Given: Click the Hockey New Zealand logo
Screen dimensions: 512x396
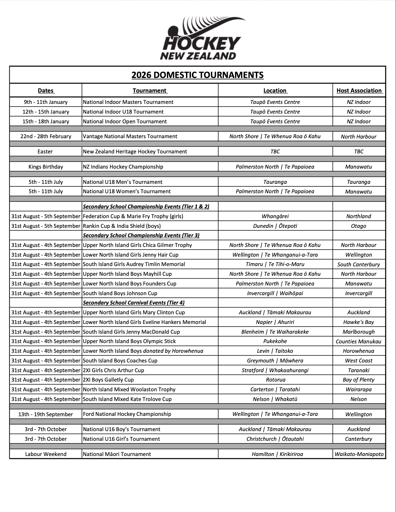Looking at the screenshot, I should [201, 38].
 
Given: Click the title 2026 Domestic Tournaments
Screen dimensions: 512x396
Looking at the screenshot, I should [197, 75].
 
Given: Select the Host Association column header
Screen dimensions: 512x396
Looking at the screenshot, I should [359, 91].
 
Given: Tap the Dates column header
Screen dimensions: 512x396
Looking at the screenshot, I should [46, 91].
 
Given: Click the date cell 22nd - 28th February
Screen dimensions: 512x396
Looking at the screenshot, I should [46, 136].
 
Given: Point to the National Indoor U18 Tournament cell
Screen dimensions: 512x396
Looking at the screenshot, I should [123, 112].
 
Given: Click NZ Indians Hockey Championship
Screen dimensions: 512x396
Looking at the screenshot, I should [123, 167].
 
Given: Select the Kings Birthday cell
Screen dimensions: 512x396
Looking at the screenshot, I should [46, 167].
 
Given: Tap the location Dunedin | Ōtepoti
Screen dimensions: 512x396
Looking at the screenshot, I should [275, 226].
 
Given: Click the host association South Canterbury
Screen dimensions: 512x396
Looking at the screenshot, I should [358, 264].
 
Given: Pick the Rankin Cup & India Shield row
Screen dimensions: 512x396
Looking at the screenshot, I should [122, 226].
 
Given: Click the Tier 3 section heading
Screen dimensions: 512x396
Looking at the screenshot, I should [141, 235].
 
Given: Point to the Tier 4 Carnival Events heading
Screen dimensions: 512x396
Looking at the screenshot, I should [134, 303].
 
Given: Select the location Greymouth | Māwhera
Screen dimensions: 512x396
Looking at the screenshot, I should [275, 361].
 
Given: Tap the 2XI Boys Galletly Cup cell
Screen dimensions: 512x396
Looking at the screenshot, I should [108, 380].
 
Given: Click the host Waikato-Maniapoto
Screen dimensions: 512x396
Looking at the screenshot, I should [359, 454].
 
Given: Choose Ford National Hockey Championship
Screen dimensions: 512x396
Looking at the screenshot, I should [127, 414].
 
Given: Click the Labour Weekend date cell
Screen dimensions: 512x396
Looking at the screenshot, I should [46, 454].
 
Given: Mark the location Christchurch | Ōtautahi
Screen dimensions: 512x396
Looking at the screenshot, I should [275, 439].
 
